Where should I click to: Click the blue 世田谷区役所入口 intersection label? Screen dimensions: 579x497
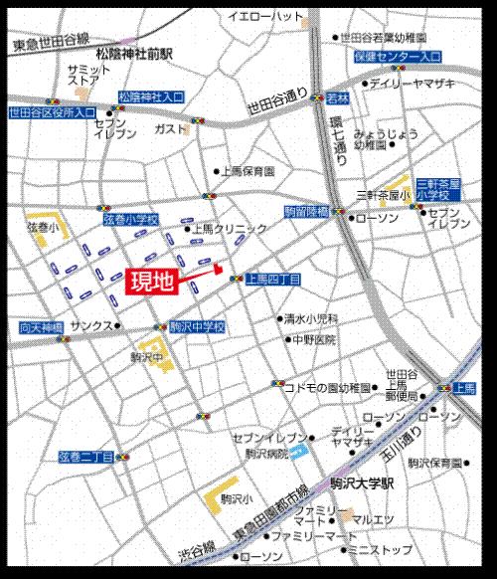tap(53, 113)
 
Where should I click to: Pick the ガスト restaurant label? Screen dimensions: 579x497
tap(170, 129)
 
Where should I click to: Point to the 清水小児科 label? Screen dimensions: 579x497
tap(311, 319)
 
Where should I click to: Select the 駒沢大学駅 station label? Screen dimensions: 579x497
tap(364, 481)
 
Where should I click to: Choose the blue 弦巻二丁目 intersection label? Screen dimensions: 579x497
tap(85, 456)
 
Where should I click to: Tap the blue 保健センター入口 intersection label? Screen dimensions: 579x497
tap(397, 58)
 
